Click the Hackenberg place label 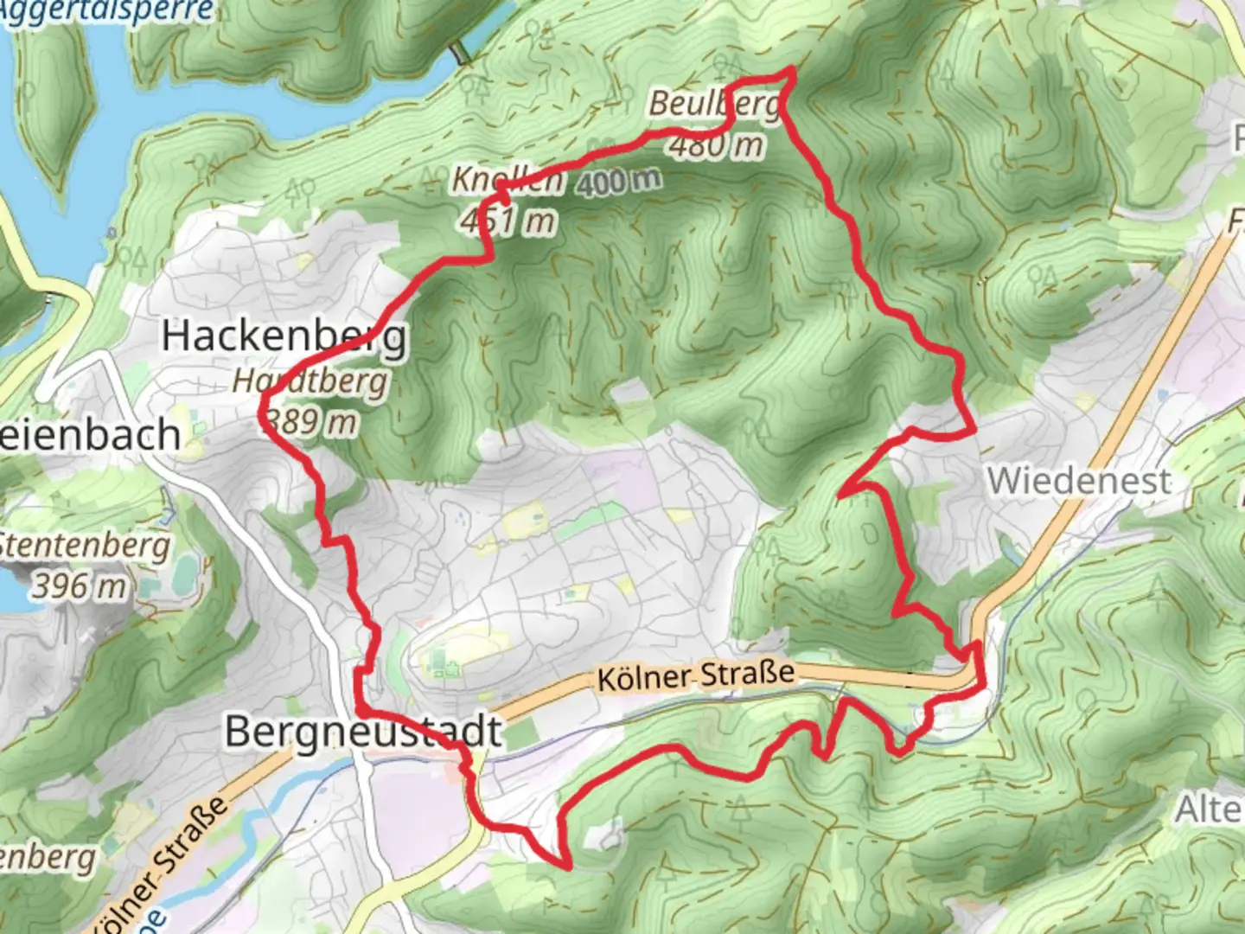284,336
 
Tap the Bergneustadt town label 363,732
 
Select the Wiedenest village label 1079,481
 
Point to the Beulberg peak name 714,105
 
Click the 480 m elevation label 716,145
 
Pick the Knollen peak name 508,181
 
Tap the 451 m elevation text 508,221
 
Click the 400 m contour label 616,182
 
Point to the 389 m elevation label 311,422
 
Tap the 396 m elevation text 80,587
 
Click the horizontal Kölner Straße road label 696,675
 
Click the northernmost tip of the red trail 791,69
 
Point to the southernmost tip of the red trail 568,865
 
